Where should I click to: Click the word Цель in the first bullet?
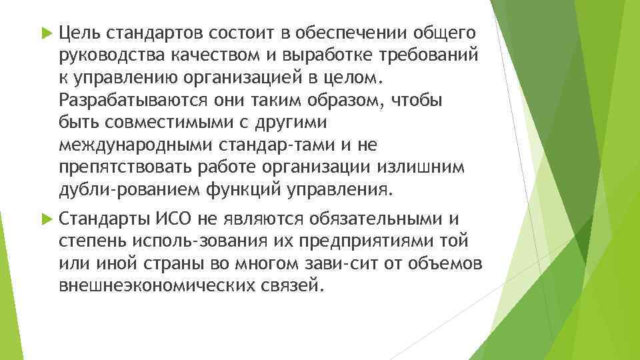click(x=77, y=32)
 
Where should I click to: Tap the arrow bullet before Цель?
click(x=46, y=32)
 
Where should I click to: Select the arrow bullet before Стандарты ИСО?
click(x=46, y=218)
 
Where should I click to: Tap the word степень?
click(x=85, y=241)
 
